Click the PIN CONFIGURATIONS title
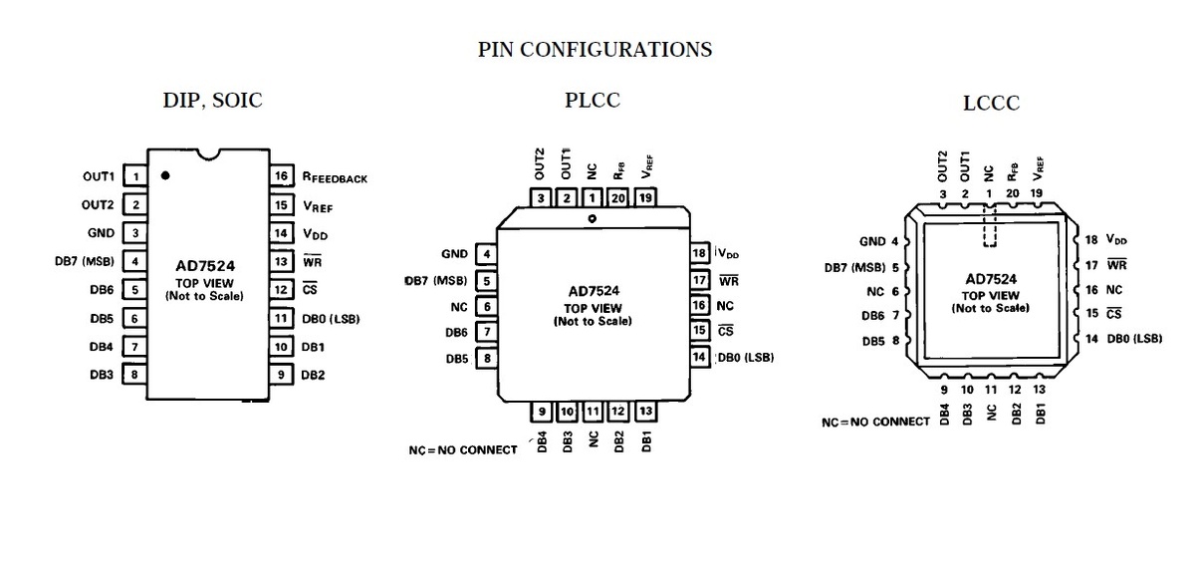(x=595, y=50)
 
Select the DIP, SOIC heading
(x=213, y=101)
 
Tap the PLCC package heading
(x=593, y=100)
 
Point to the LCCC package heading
(x=991, y=103)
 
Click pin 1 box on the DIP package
(x=135, y=176)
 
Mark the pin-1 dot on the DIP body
(x=165, y=175)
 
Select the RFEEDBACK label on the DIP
(x=335, y=177)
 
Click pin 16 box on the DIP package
(x=282, y=175)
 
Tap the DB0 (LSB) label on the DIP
(x=331, y=319)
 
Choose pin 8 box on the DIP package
(x=134, y=375)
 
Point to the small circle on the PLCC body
(x=592, y=218)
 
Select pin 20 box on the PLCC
(x=617, y=198)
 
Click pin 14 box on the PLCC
(x=699, y=357)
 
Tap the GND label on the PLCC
(x=454, y=254)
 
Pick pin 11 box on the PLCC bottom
(x=593, y=412)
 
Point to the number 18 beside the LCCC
(x=1091, y=240)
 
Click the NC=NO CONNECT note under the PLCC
(x=463, y=450)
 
